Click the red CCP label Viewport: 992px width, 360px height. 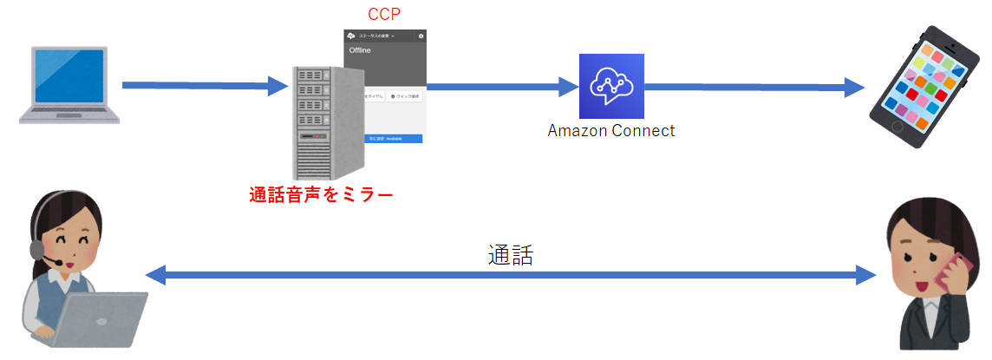tap(384, 14)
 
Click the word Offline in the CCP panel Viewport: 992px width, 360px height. tap(360, 52)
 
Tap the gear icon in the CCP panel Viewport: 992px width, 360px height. tap(421, 36)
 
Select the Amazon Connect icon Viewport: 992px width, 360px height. tap(612, 86)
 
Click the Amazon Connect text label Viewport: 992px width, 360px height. tap(610, 131)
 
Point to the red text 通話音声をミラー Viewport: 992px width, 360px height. tap(321, 195)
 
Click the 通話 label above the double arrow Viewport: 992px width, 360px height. tap(509, 255)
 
